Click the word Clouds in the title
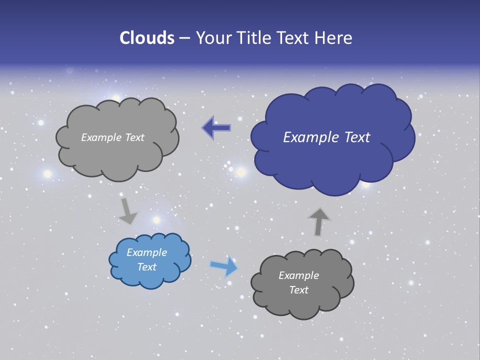coord(146,38)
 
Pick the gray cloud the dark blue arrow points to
coord(117,155)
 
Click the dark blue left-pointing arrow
coord(216,128)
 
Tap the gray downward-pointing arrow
coord(127,211)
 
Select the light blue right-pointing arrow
coord(224,266)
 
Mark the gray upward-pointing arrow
coord(318,221)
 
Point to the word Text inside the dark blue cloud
coord(357,137)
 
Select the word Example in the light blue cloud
coord(146,252)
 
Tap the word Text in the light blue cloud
coord(146,267)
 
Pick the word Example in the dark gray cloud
coord(298,275)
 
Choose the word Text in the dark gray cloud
coord(298,290)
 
